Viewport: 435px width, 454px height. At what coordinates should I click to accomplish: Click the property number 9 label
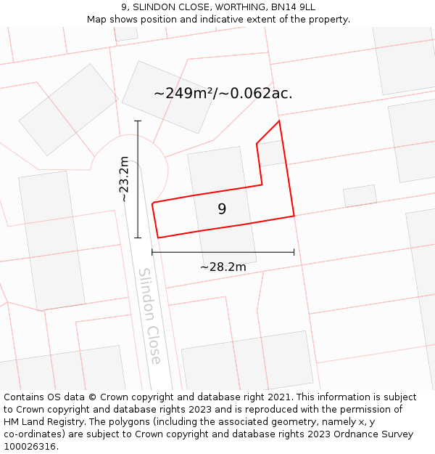coord(222,209)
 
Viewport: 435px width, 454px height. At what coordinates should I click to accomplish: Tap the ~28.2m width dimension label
coord(223,267)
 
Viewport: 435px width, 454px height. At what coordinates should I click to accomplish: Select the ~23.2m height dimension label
coord(124,179)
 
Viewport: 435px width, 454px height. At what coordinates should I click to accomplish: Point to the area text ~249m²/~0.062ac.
coord(223,93)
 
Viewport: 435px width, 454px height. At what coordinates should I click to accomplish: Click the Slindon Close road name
coord(149,316)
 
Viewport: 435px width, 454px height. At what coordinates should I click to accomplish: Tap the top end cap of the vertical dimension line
coord(137,121)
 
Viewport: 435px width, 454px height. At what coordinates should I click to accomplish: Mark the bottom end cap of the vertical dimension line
coord(137,238)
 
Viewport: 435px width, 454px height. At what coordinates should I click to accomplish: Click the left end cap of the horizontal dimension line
coord(152,252)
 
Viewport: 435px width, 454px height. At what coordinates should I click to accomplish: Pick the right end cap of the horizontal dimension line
coord(294,252)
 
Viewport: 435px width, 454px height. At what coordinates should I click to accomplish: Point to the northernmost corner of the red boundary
coord(279,121)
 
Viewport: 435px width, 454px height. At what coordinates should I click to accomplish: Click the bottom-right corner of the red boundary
coord(294,216)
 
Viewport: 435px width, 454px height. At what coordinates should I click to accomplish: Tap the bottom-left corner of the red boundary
coord(158,238)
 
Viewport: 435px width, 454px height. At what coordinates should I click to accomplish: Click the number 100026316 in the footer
coord(28,447)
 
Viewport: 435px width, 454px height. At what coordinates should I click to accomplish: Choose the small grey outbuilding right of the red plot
coord(360,196)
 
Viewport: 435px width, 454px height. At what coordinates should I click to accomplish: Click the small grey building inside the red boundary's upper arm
coord(272,153)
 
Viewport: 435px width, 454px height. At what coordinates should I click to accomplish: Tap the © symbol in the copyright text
coord(92,397)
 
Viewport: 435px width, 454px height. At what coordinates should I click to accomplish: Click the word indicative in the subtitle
coord(241,20)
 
